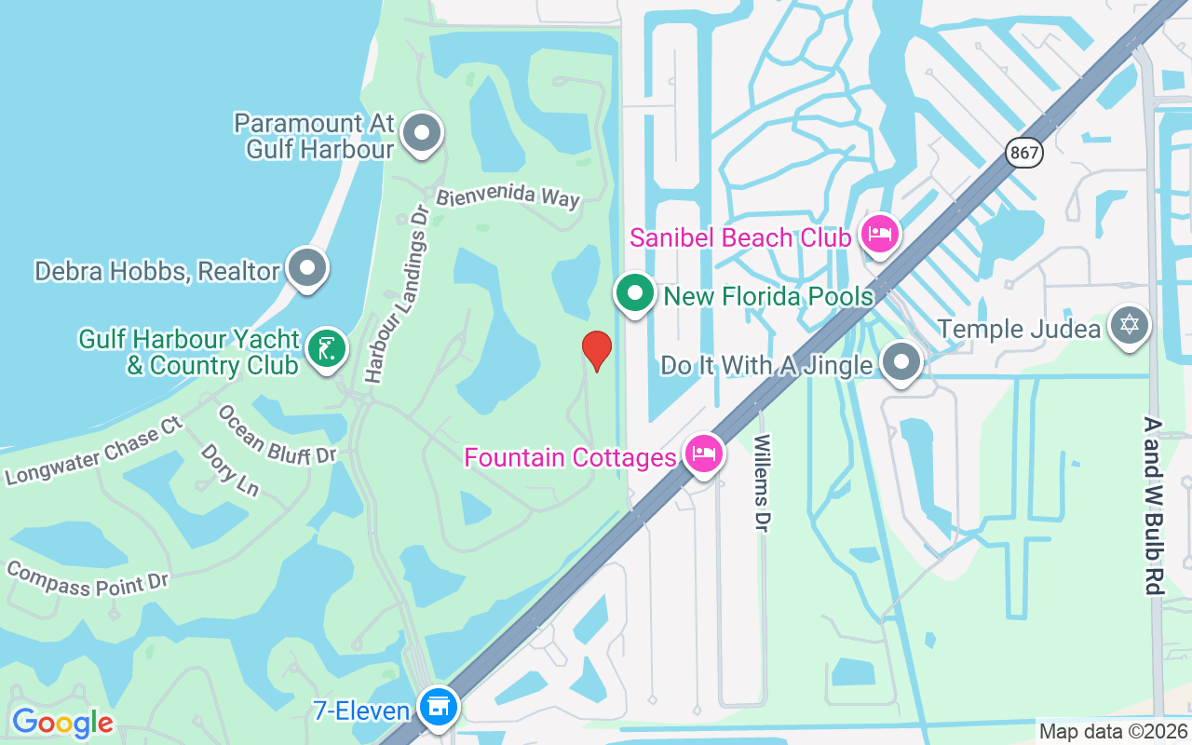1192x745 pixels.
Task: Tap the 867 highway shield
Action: point(1023,152)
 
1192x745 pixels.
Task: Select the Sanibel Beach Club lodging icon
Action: point(880,234)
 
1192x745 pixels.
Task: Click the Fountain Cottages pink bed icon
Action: point(703,454)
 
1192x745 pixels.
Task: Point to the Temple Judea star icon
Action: point(1130,326)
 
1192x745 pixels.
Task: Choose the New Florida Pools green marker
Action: point(635,292)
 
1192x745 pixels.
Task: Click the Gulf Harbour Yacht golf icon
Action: point(326,349)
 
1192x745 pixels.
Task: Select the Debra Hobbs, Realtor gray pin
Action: point(306,269)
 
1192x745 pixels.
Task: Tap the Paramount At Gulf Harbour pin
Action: point(422,132)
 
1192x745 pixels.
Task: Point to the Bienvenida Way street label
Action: point(508,196)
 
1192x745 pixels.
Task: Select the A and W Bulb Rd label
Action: point(1153,505)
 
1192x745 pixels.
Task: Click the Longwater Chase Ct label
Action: point(93,451)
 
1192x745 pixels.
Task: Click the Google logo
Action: point(62,722)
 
